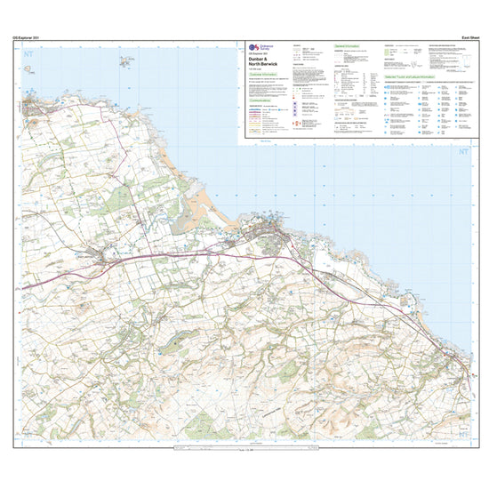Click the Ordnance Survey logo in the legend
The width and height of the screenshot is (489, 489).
[x=253, y=46]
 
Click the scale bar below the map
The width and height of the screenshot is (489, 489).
[x=244, y=450]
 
